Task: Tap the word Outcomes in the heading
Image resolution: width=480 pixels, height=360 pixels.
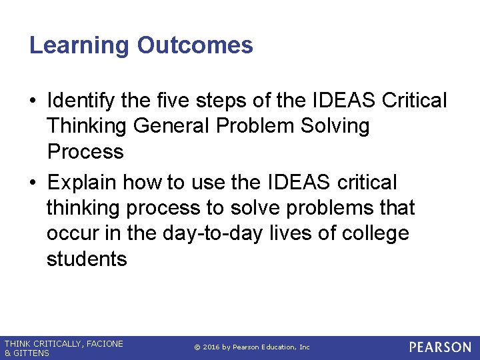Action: [x=195, y=45]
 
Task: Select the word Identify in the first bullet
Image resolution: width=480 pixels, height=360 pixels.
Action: [x=86, y=101]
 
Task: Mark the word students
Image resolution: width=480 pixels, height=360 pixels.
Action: [x=86, y=259]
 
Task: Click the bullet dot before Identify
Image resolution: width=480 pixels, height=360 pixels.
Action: [x=33, y=101]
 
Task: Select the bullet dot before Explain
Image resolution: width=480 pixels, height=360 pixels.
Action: [x=33, y=183]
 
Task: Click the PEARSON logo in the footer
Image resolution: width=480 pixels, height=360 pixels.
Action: [x=440, y=347]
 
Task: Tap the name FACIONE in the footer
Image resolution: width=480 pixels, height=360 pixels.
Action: [x=103, y=343]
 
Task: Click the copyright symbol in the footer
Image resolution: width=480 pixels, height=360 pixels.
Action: [x=197, y=347]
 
